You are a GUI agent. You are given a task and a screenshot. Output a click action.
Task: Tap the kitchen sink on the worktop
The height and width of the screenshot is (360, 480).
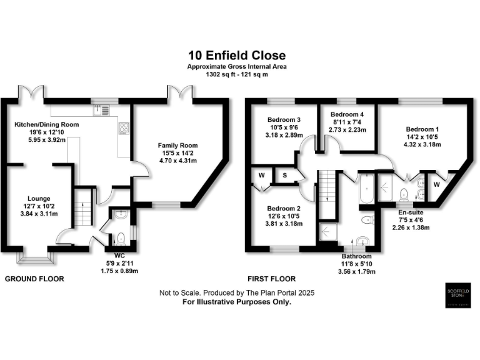click(x=100, y=111)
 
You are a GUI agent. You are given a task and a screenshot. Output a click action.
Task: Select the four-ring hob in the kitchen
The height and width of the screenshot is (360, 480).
click(x=123, y=131)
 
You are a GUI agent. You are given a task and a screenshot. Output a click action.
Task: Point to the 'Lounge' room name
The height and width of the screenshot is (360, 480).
click(x=38, y=199)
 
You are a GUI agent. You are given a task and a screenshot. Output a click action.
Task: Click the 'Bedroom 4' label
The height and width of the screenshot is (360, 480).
click(x=347, y=114)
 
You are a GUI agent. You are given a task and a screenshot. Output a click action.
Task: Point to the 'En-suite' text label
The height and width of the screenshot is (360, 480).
click(x=412, y=212)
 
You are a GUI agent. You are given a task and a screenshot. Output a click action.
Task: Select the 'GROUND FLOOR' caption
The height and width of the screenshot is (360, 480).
click(x=34, y=279)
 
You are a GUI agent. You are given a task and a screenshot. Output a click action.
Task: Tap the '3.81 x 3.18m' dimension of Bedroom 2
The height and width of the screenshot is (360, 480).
click(x=284, y=224)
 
